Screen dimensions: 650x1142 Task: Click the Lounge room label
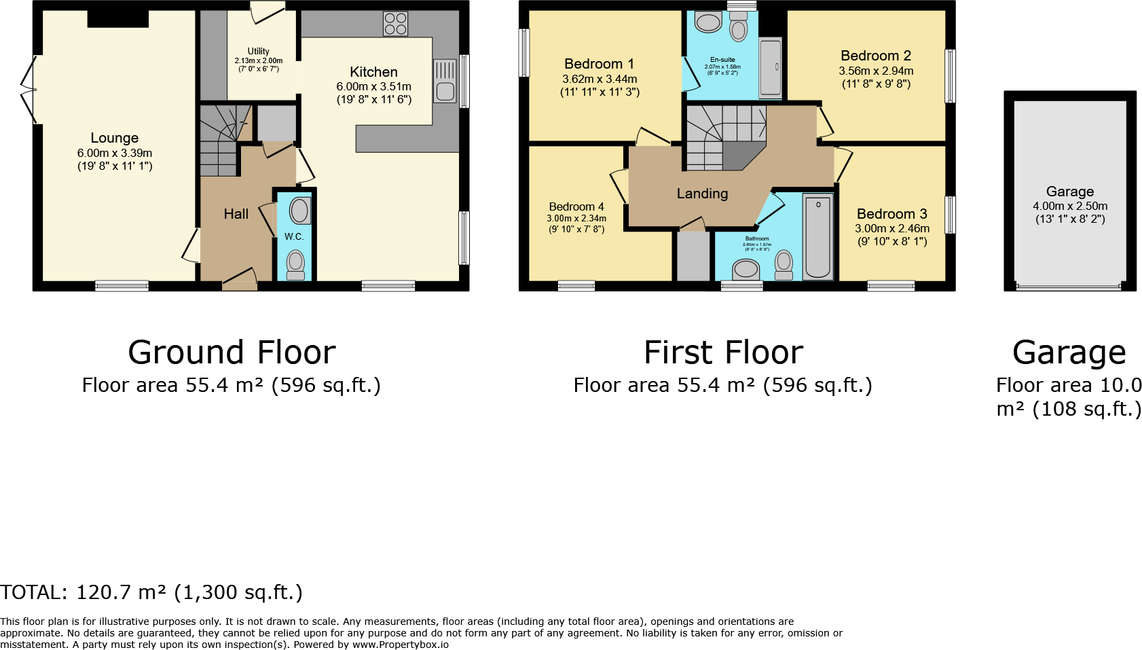[114, 138]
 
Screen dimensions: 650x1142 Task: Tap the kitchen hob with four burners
[395, 24]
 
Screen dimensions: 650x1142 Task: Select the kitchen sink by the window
[445, 82]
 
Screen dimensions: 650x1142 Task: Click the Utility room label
[258, 51]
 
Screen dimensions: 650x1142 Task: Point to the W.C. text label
[294, 236]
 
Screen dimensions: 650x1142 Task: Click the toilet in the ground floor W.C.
[295, 265]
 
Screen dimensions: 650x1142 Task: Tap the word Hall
[236, 214]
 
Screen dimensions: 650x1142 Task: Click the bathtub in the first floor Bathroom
[818, 237]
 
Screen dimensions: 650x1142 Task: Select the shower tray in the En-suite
[771, 68]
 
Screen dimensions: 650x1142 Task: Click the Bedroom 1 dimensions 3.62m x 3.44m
[600, 79]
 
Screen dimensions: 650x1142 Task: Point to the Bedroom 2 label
[876, 56]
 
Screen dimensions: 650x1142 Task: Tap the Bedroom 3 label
[891, 214]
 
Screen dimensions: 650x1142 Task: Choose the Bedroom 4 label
[576, 206]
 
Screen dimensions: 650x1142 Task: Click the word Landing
[702, 194]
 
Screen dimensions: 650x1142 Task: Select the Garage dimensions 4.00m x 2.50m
[1070, 206]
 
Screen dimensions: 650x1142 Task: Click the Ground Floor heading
[232, 353]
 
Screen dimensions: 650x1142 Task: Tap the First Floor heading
[723, 353]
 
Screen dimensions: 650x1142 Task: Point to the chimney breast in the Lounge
[117, 19]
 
